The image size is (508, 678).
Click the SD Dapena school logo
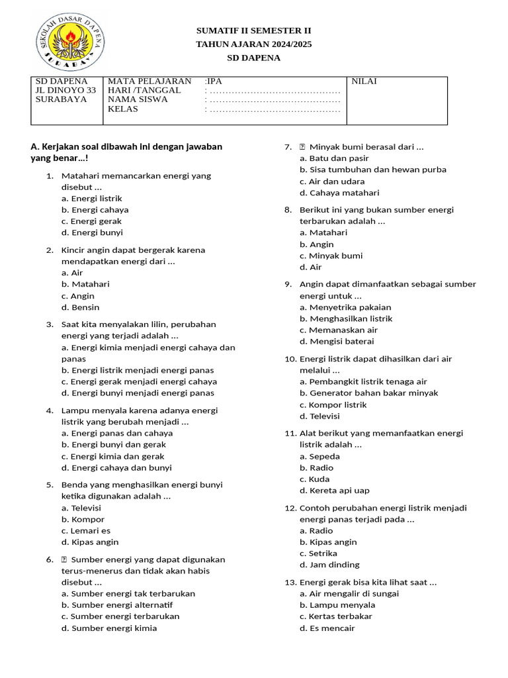69,44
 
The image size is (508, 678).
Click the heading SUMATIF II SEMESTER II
253,30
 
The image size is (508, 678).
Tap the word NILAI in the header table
364,81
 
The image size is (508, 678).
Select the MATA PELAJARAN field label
149,81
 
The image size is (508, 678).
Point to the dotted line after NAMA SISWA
273,101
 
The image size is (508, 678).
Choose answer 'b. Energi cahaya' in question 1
95,210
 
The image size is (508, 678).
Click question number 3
50,324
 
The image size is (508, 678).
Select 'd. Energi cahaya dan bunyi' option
116,467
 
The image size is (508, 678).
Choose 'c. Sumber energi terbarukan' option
120,616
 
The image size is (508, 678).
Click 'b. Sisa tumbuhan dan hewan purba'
372,169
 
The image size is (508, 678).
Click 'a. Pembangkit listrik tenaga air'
363,381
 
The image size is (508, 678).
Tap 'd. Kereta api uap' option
334,491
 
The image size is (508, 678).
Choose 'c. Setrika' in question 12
318,553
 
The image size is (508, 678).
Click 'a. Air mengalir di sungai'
349,594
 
